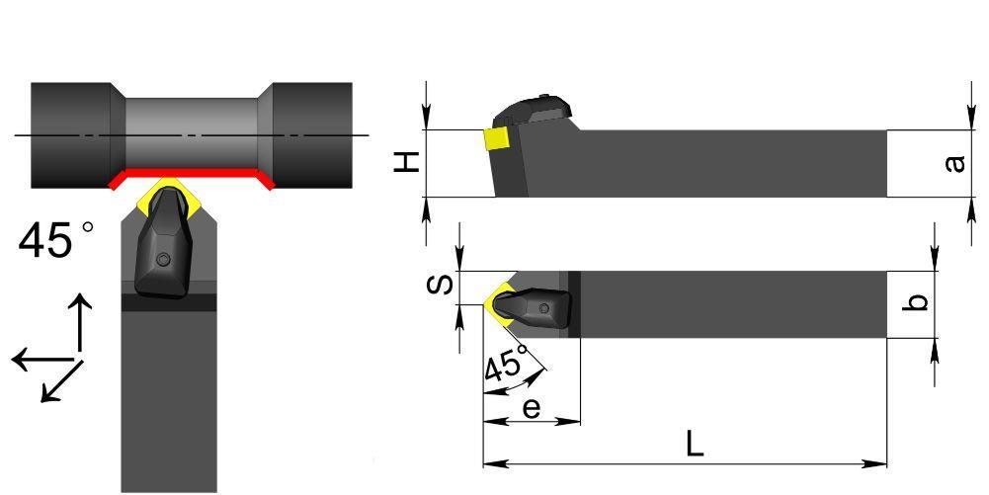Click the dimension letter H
(407, 163)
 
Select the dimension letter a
(955, 163)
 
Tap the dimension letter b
(919, 301)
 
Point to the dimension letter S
(440, 285)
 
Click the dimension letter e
(532, 408)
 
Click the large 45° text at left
(55, 239)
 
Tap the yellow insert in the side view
(497, 139)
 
